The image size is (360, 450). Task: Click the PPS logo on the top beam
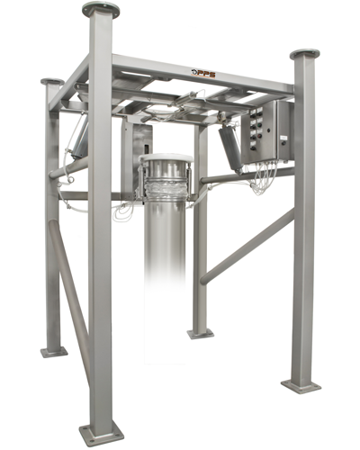click(x=203, y=73)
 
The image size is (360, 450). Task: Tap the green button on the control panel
click(x=259, y=124)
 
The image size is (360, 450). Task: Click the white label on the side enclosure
click(x=283, y=138)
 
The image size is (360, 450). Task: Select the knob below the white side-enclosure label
click(x=283, y=143)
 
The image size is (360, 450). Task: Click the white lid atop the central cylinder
click(x=166, y=157)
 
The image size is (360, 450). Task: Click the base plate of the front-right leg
click(x=301, y=386)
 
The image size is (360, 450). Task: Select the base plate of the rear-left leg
click(x=54, y=352)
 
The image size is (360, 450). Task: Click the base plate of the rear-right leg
click(x=201, y=334)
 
